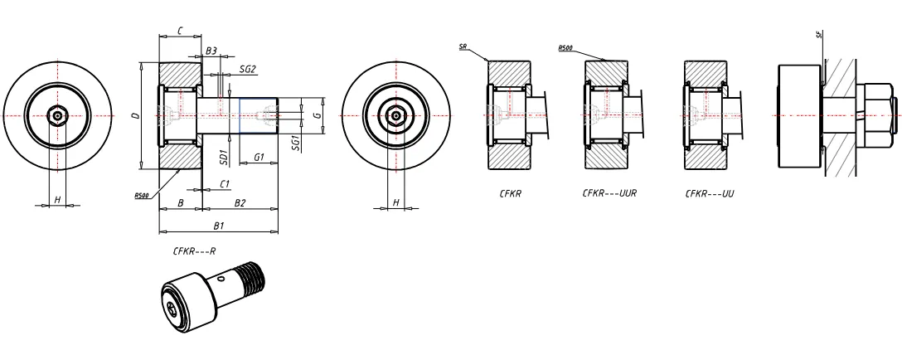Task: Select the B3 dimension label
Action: pos(211,51)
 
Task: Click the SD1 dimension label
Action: pos(223,155)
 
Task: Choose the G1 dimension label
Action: pos(259,157)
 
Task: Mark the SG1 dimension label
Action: pos(297,145)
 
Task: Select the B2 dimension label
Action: pos(240,202)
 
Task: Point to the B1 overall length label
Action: pos(219,225)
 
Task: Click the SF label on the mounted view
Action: pos(820,34)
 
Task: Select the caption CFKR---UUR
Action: pos(603,193)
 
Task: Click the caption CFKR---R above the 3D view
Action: pos(195,250)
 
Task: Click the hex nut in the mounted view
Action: pos(877,114)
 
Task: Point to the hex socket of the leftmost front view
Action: pos(57,115)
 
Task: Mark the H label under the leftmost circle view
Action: pos(57,200)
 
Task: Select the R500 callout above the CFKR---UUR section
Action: pos(566,48)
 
